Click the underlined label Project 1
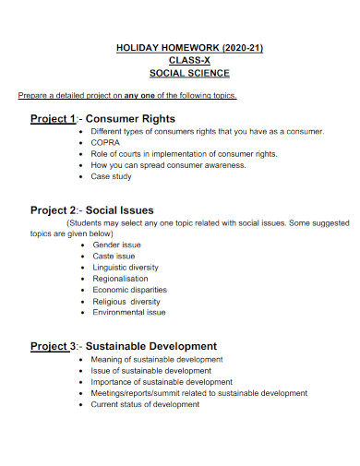point(53,119)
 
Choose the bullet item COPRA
point(105,143)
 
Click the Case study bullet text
point(113,175)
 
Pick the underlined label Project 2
point(53,210)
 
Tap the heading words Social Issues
point(120,210)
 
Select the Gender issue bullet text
point(117,245)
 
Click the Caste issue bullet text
point(114,256)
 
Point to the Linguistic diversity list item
point(126,267)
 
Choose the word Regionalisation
point(121,278)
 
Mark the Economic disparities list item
point(129,290)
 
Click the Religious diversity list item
point(126,301)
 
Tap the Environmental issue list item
point(129,312)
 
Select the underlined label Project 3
point(53,346)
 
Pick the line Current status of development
point(145,403)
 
